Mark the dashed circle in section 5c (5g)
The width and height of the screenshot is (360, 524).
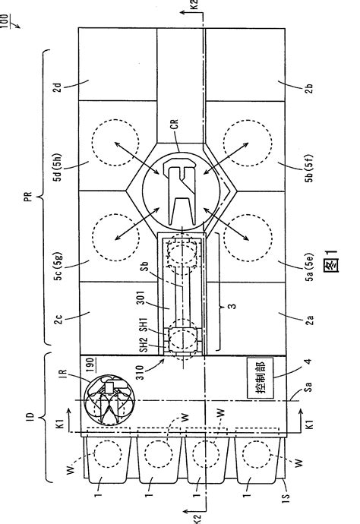click(x=115, y=237)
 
